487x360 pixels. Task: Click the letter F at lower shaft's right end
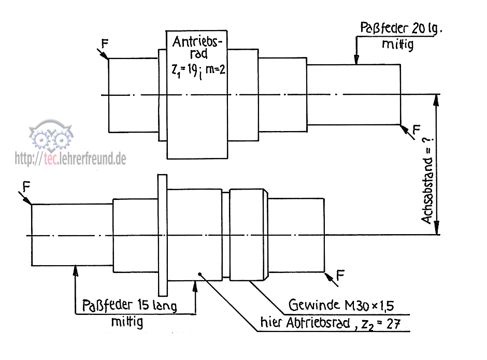tap(340, 275)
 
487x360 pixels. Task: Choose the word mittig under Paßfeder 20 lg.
tap(397, 45)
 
